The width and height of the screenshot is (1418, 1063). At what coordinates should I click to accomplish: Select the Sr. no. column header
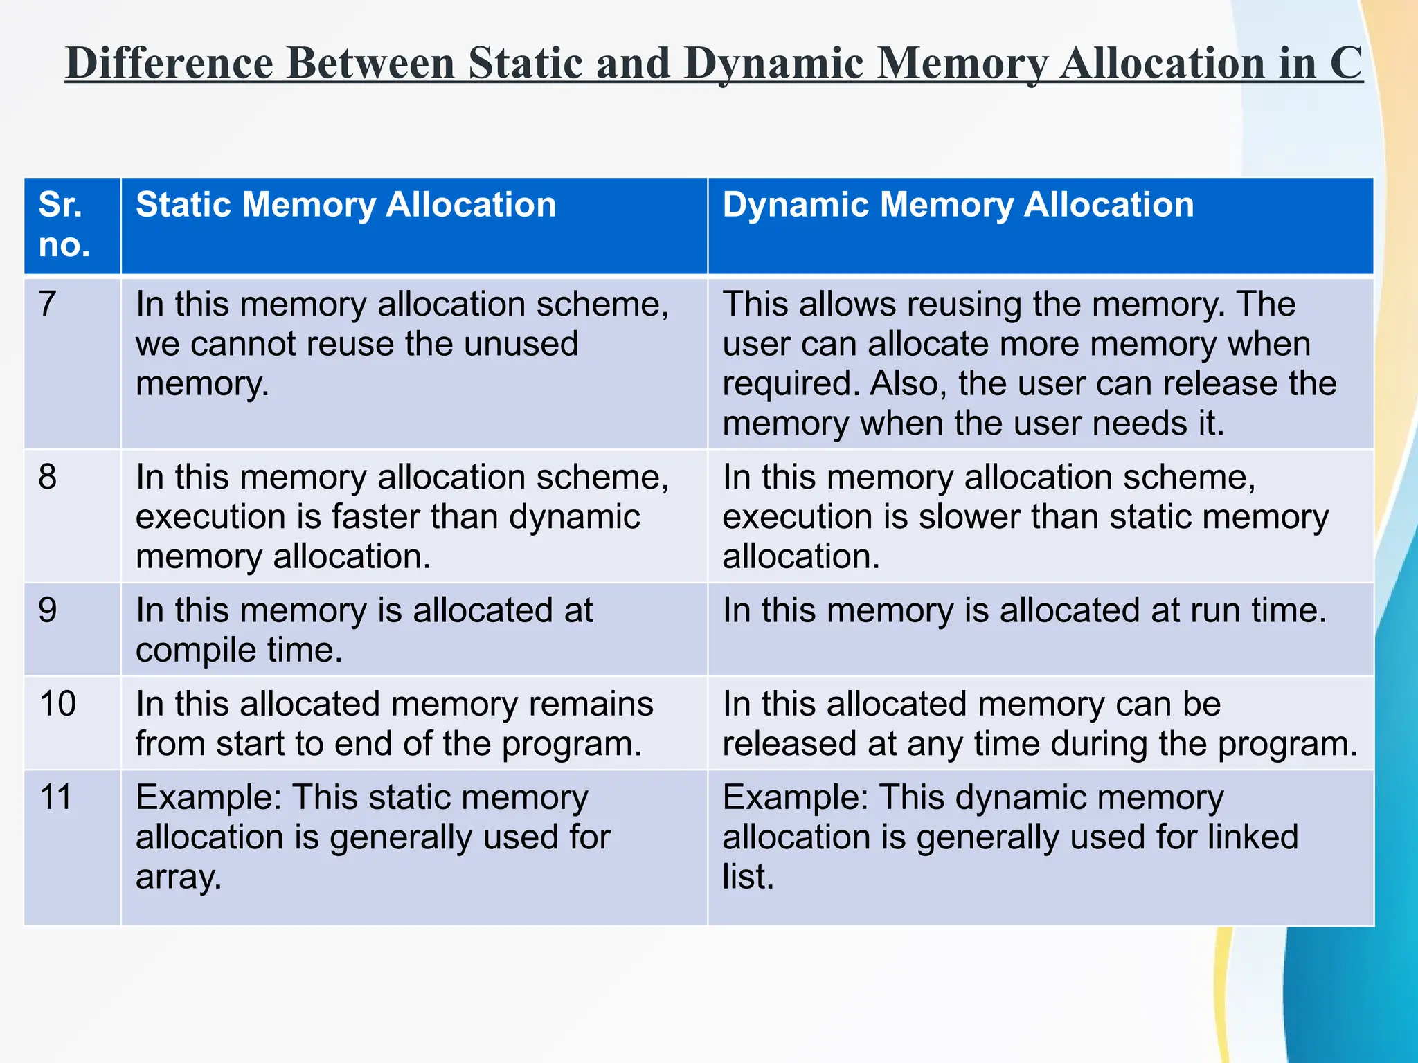pos(64,225)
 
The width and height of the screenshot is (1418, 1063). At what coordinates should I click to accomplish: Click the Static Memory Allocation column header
pos(345,205)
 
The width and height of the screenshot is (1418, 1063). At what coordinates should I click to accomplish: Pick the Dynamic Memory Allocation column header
pos(958,205)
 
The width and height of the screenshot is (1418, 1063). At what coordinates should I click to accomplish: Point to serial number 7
pos(48,304)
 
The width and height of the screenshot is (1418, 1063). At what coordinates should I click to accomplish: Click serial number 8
pos(48,477)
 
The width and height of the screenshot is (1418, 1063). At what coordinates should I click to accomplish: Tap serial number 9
pos(48,610)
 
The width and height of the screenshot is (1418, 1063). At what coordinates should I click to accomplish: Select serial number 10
pos(57,704)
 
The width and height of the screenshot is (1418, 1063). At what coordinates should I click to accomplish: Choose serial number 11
pos(56,797)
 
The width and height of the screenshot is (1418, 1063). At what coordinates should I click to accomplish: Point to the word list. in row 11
pos(747,877)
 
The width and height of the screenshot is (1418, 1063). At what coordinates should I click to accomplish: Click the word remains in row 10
pos(591,704)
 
